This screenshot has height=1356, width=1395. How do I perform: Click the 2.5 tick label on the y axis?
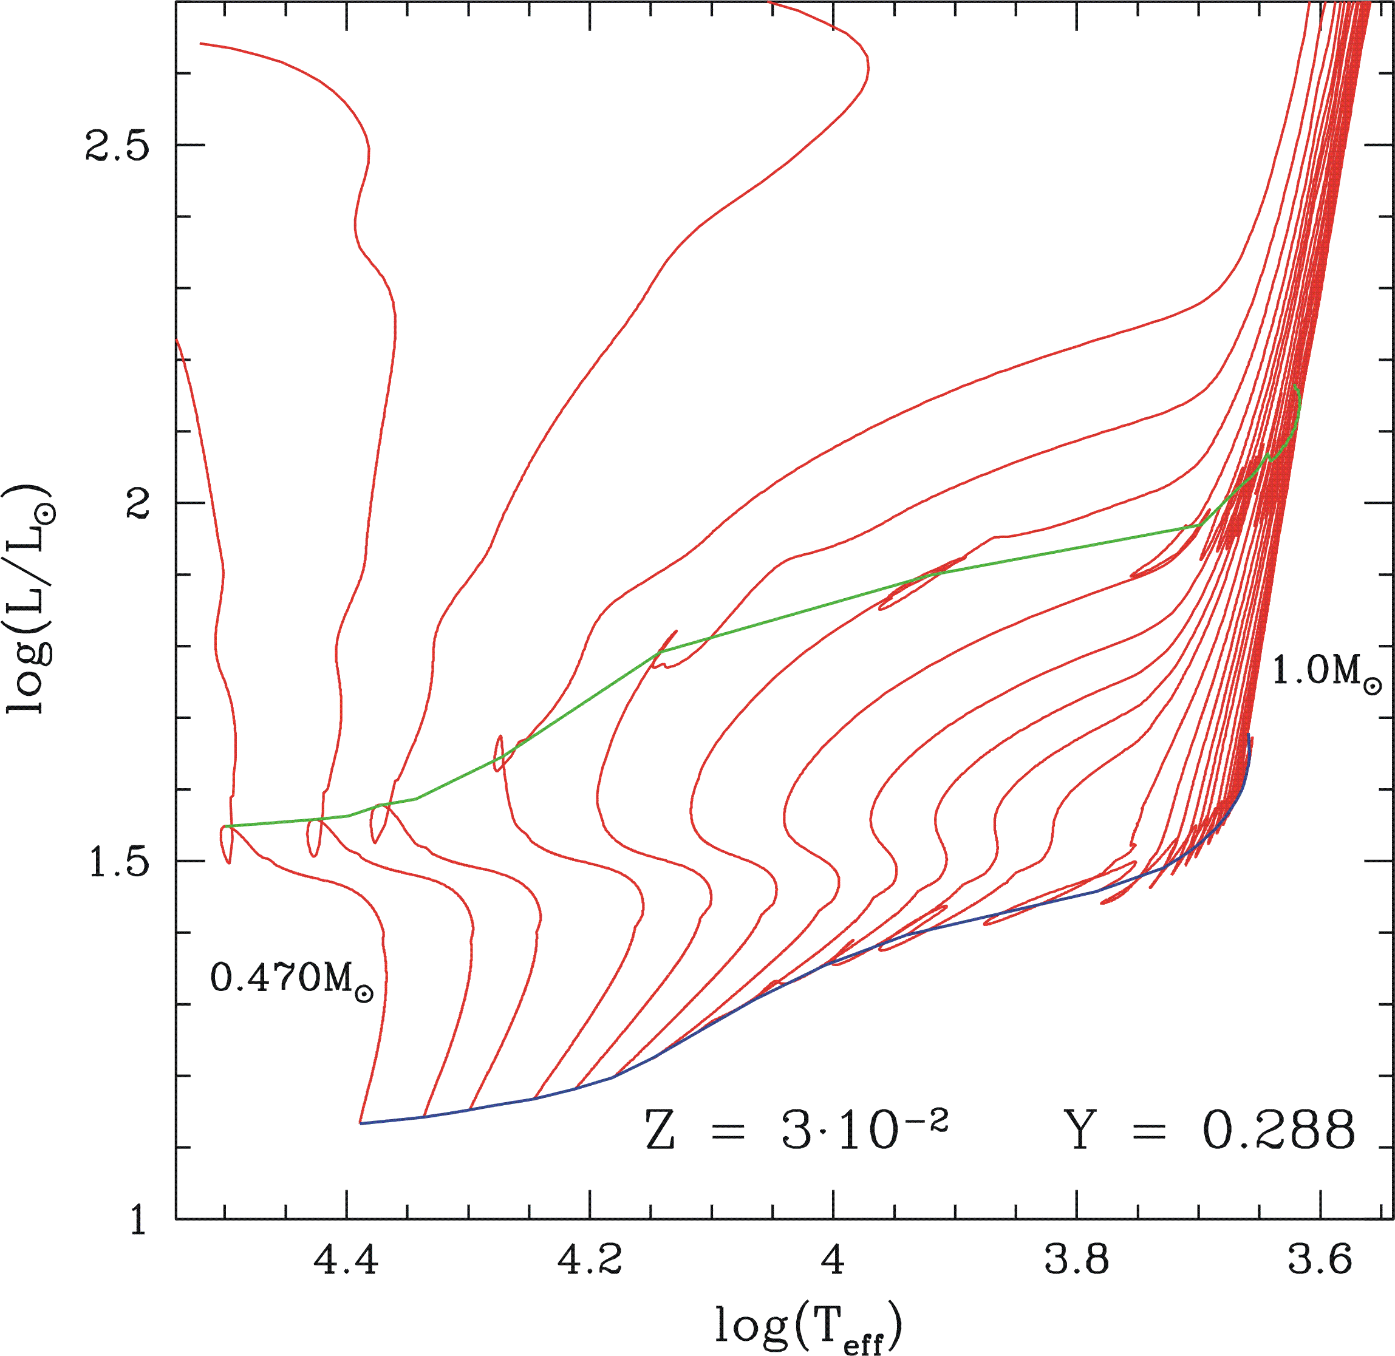point(117,145)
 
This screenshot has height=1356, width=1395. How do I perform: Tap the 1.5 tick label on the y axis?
point(117,861)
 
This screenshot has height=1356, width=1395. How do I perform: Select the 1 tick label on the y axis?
point(138,1219)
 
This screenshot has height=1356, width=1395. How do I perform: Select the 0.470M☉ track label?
point(292,978)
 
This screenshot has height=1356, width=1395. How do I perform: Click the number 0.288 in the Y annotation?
point(1279,1130)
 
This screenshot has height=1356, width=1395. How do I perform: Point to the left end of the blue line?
point(360,1123)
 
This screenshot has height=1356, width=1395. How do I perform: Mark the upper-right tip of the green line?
point(1295,387)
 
